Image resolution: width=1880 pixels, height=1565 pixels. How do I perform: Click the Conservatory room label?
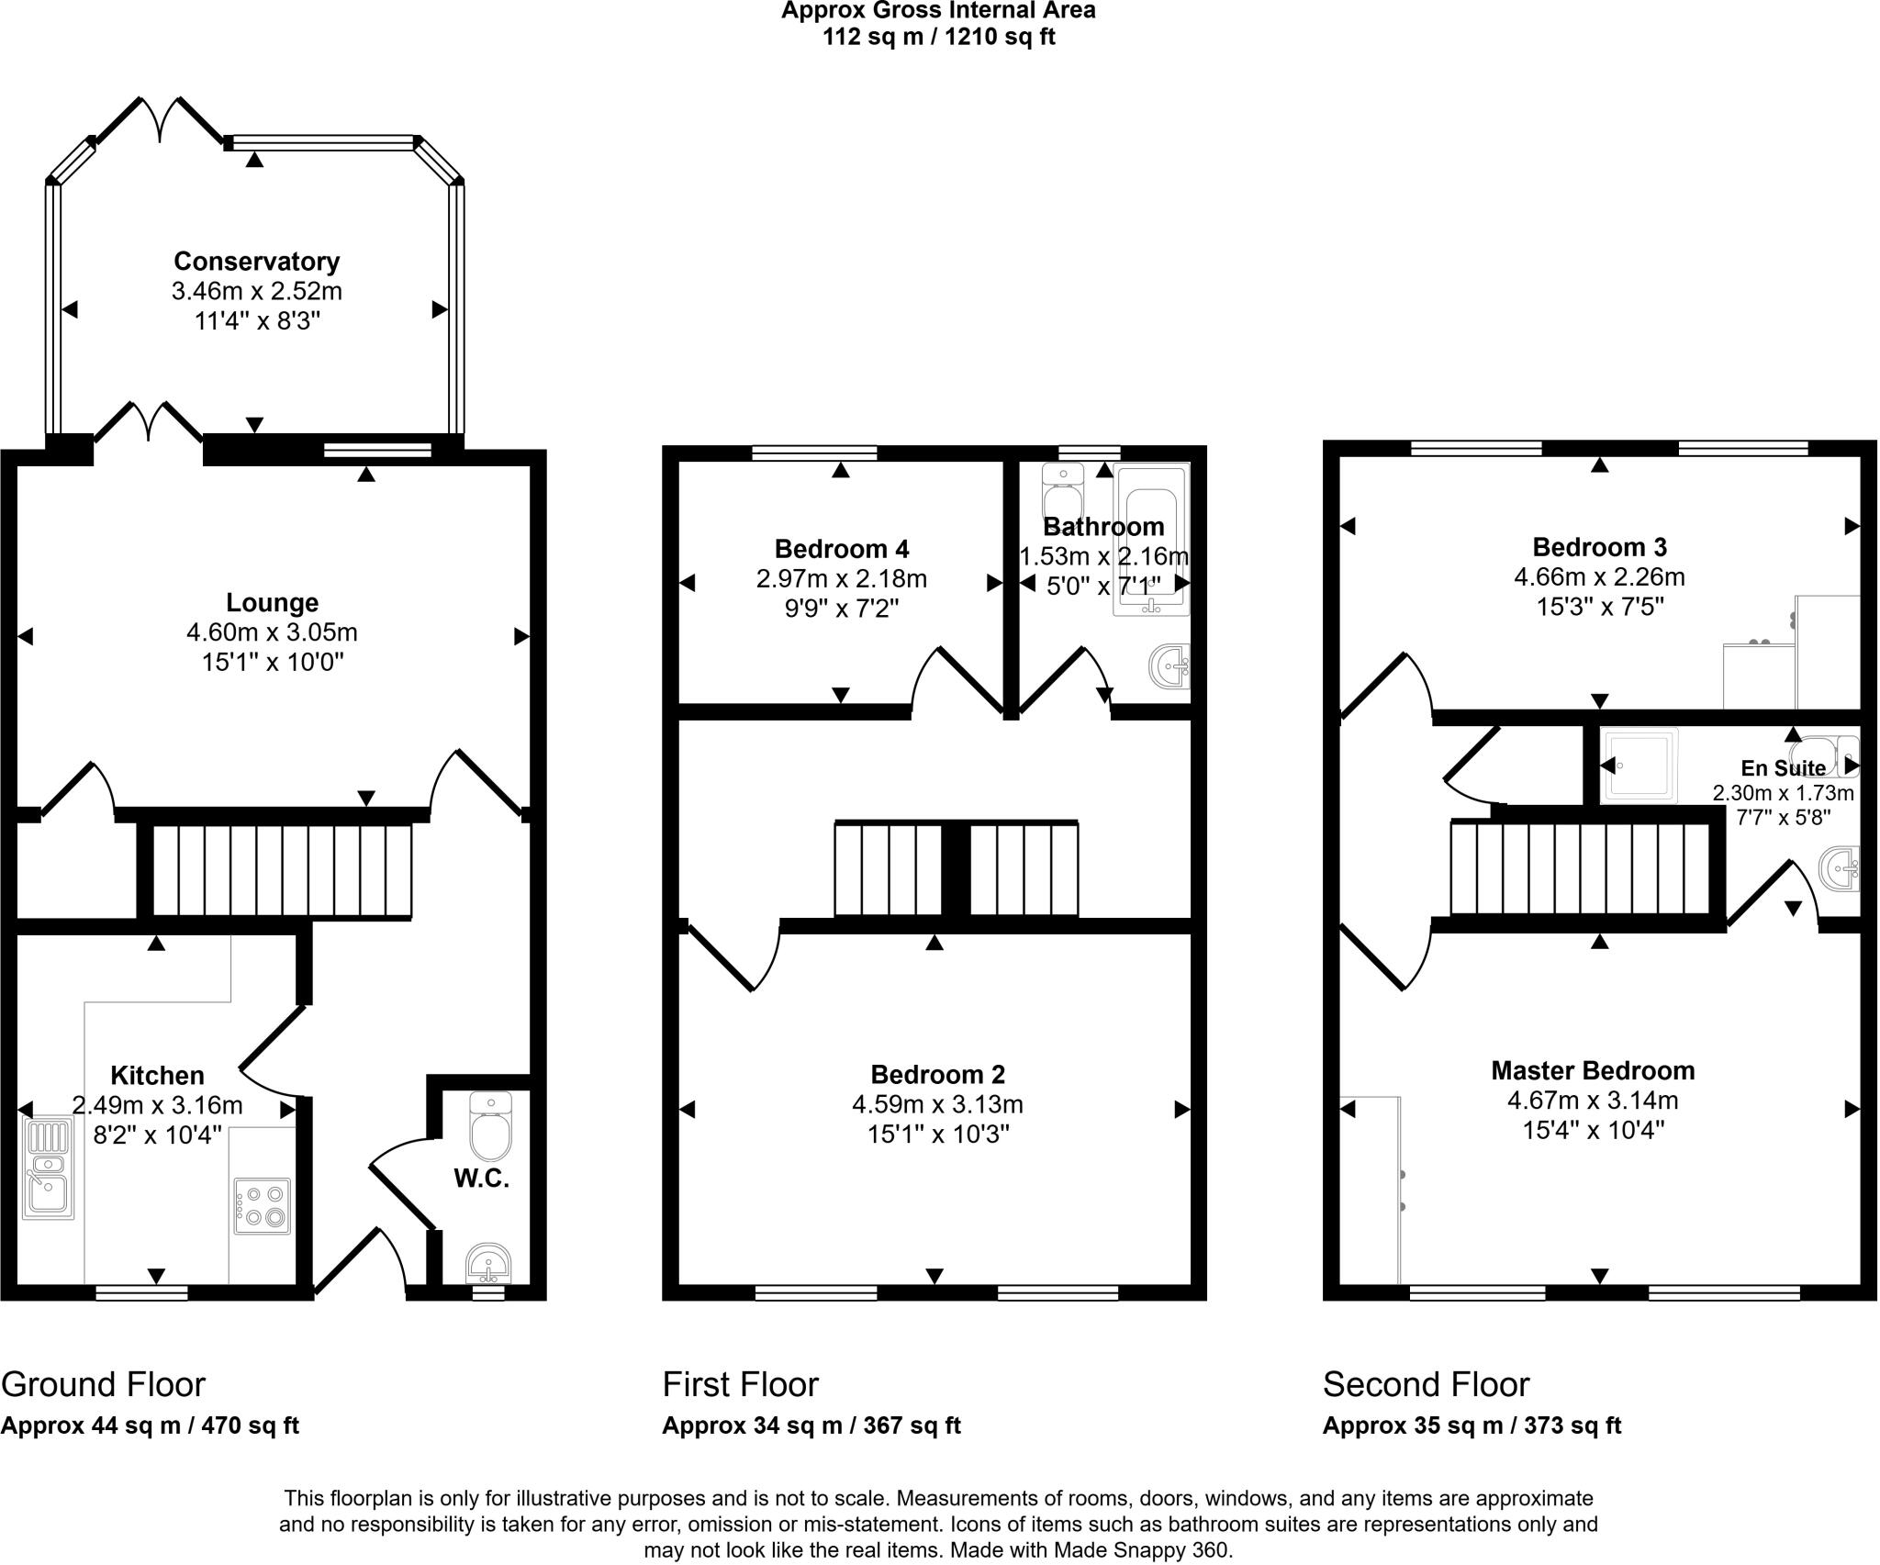coord(256,262)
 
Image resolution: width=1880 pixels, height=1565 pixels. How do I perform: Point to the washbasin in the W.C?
coord(488,1264)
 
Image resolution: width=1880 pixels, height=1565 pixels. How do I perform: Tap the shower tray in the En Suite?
coord(1639,766)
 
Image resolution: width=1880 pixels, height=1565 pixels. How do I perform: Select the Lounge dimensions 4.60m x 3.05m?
coord(272,632)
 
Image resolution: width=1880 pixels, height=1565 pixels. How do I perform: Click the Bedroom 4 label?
coord(842,549)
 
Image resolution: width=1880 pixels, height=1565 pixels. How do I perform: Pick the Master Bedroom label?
coord(1593,1070)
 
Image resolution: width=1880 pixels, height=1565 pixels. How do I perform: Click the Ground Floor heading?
coord(103,1384)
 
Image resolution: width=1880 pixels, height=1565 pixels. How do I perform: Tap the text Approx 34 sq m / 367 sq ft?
coord(811,1425)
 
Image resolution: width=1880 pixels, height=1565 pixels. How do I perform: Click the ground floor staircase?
coord(281,871)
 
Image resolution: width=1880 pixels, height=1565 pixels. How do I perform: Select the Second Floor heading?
coord(1426,1384)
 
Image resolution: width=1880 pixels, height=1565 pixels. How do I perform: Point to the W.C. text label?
coord(481,1179)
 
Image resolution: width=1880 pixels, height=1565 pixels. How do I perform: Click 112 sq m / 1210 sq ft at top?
coord(938,38)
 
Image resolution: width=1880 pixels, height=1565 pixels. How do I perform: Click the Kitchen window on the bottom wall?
coord(142,1293)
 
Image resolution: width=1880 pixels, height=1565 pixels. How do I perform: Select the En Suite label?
coord(1783,769)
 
